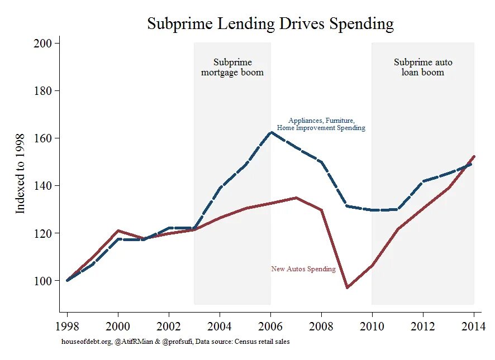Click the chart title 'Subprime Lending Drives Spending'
[270, 24]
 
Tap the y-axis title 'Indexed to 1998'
[21, 173]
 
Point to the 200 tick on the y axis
[45, 44]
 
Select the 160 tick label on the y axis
[45, 138]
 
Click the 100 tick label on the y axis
[45, 281]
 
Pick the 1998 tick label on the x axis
[67, 327]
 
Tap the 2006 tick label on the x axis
[271, 327]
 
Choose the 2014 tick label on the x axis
[474, 327]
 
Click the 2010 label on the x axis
[372, 327]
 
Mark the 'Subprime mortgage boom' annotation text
[232, 68]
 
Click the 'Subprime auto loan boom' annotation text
[423, 68]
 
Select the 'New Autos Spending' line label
[303, 269]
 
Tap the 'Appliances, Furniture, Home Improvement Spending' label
[321, 124]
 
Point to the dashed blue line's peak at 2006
[271, 132]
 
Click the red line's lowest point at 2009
[347, 287]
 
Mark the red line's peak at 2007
[296, 198]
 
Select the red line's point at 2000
[118, 231]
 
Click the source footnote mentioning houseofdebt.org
[175, 342]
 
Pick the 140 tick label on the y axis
[45, 186]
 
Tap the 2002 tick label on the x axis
[169, 327]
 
